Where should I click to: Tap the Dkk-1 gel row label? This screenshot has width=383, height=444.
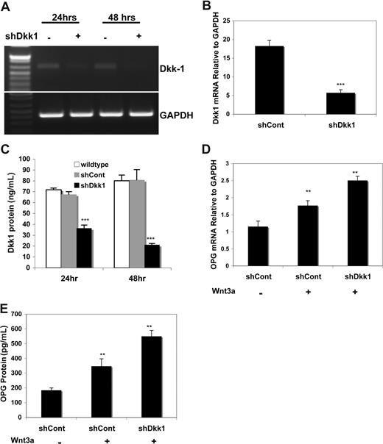coord(166,66)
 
